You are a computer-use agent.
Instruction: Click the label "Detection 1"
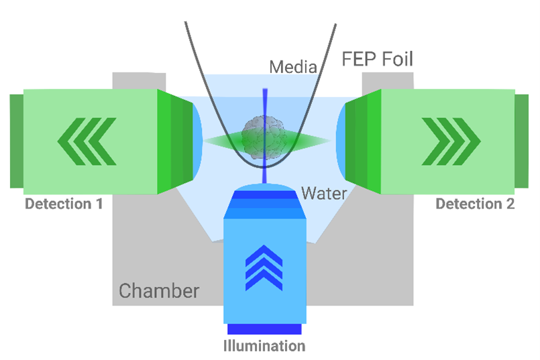click(64, 203)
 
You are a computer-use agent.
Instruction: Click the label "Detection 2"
click(475, 204)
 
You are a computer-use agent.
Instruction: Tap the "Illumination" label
click(264, 347)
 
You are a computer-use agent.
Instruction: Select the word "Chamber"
click(159, 291)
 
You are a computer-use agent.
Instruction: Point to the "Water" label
click(324, 193)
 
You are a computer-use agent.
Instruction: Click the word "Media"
click(293, 67)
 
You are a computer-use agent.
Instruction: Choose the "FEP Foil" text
click(377, 60)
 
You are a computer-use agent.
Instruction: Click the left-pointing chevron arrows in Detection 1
click(87, 141)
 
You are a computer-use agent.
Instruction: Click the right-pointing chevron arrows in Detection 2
click(451, 141)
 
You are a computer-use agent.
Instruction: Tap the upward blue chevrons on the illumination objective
click(264, 267)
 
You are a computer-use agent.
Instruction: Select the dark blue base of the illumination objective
click(264, 328)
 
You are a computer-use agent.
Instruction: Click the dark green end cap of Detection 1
click(17, 141)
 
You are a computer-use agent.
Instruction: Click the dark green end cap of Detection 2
click(521, 141)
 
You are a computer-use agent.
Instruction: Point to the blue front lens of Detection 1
click(197, 141)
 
